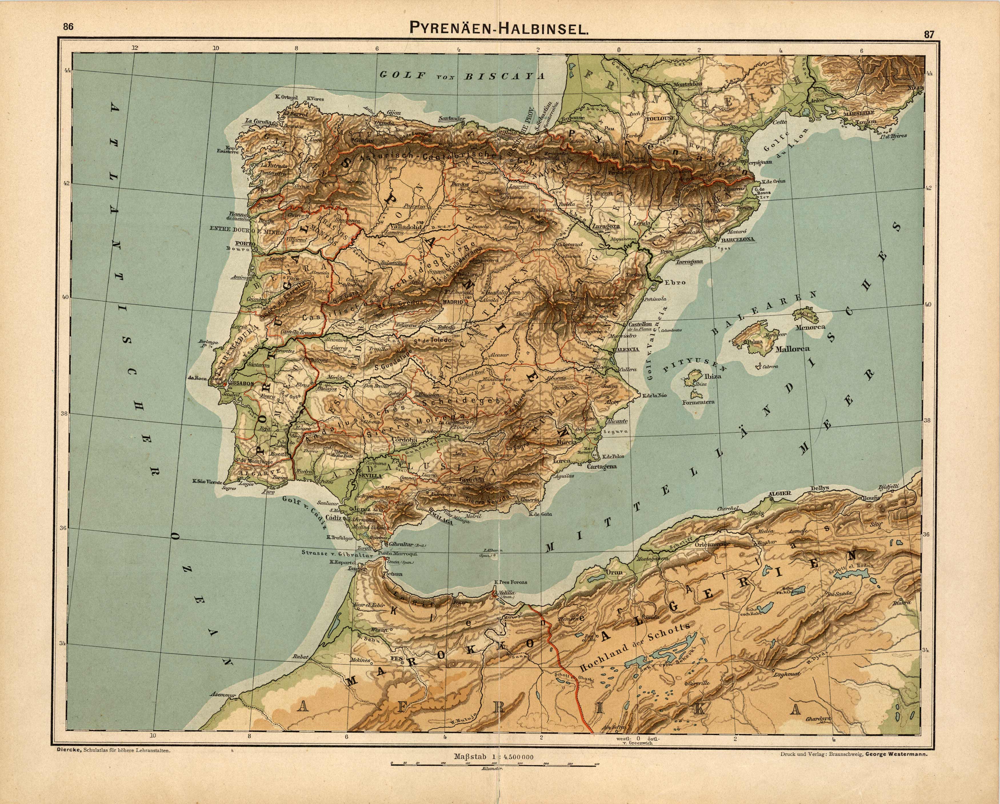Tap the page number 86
point(68,27)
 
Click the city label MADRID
point(453,302)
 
